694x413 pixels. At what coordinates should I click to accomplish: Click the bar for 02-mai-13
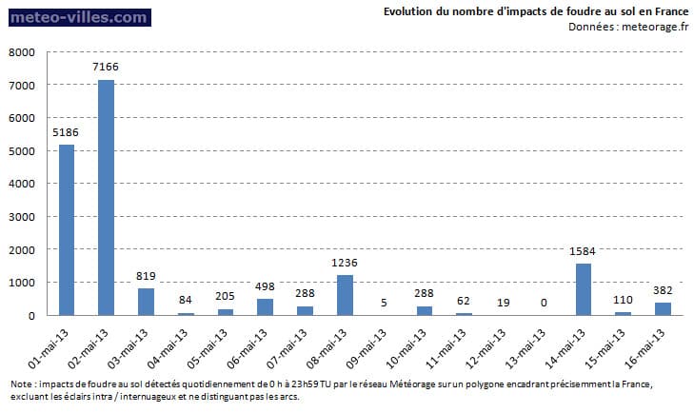[x=107, y=197]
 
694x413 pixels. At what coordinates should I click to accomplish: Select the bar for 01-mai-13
[x=67, y=229]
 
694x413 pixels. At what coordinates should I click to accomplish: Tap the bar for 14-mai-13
[x=584, y=289]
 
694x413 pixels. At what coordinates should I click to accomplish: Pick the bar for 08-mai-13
[x=345, y=295]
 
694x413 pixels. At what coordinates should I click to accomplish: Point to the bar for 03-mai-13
[x=146, y=302]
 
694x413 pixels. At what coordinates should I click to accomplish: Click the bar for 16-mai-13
[x=664, y=308]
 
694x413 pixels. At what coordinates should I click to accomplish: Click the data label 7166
[x=107, y=68]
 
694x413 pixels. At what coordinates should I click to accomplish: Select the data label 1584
[x=584, y=251]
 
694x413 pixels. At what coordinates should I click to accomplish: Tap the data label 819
[x=146, y=276]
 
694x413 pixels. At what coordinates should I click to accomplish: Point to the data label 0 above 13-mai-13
[x=544, y=303]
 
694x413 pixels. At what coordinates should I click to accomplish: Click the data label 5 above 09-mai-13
[x=385, y=303]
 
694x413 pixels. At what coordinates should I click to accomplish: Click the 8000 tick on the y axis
[x=22, y=52]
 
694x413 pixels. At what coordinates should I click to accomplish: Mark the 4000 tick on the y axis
[x=22, y=184]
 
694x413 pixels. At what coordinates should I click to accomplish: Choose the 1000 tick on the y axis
[x=22, y=283]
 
